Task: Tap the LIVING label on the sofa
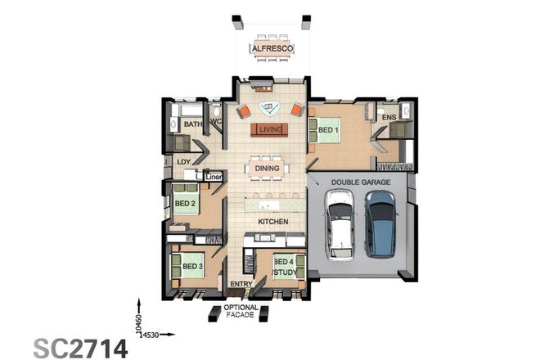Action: [270, 129]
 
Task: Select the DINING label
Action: [267, 169]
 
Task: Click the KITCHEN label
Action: [272, 222]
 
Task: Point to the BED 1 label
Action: [328, 130]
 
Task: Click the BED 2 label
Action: [184, 203]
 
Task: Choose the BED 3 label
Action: [191, 267]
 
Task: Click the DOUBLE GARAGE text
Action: [361, 182]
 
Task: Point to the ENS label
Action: [389, 118]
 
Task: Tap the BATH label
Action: [192, 124]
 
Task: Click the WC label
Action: [216, 122]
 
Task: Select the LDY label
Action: [183, 162]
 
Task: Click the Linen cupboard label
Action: [214, 176]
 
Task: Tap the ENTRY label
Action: [241, 284]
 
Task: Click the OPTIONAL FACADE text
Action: [241, 313]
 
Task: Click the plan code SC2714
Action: [80, 347]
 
